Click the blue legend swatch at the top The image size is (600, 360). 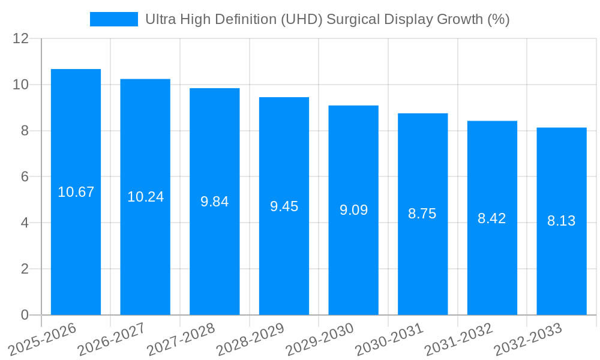pos(113,19)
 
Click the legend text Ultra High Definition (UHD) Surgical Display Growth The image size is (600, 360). pos(327,19)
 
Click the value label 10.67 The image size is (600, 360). pos(76,192)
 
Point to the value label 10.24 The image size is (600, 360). pos(145,197)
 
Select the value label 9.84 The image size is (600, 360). pos(215,202)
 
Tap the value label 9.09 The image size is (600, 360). pos(353,210)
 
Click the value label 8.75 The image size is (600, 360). pos(422,214)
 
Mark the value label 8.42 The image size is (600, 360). pos(492,218)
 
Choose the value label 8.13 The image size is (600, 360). pos(562,221)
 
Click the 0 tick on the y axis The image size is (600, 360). pos(25,315)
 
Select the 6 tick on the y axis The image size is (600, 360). pos(25,177)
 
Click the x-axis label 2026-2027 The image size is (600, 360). pos(112,340)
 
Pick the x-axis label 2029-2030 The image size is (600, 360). pos(320,340)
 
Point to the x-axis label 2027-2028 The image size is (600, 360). pos(181,340)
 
